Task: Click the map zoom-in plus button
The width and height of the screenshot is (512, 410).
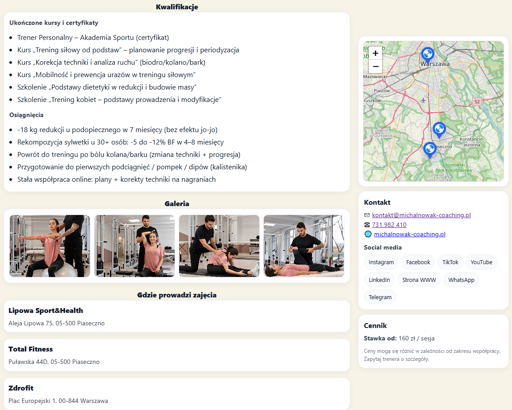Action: coord(375,53)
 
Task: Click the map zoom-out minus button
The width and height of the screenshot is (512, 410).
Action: coord(375,66)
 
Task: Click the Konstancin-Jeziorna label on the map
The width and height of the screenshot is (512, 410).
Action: coord(472,142)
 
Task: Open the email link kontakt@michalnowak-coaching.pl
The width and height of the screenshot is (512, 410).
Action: coord(421,215)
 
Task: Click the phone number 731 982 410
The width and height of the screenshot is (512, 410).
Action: coord(389,225)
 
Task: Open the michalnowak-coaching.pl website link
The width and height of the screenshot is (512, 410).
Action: coord(410,234)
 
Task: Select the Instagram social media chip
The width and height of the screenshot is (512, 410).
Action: coord(381,262)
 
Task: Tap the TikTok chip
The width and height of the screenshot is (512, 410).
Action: coord(450,262)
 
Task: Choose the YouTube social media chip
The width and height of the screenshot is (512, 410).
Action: coord(481,262)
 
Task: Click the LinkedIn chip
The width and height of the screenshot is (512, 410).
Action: coord(379,280)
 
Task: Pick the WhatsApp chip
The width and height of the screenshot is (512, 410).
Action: coord(461,280)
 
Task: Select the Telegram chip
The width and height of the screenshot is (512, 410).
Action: coord(380,297)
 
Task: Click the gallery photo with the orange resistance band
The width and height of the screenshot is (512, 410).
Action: coord(50,246)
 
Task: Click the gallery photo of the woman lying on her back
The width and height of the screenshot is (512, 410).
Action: coord(304,246)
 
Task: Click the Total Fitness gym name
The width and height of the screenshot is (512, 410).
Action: coord(31,349)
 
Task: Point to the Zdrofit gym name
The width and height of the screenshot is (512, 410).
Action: coord(21,388)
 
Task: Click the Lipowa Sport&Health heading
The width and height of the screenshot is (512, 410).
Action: coord(46,311)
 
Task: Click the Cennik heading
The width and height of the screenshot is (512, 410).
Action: coord(375,325)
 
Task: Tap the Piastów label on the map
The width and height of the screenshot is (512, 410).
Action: coord(382,90)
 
